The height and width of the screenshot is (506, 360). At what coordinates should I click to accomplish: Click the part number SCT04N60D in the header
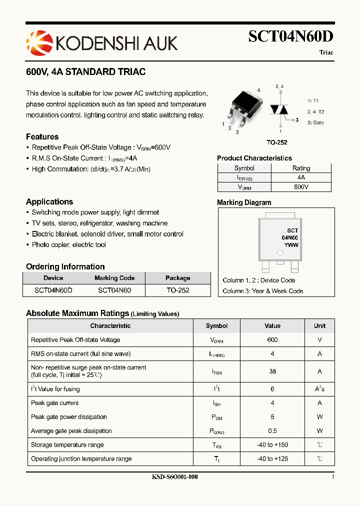[x=290, y=36]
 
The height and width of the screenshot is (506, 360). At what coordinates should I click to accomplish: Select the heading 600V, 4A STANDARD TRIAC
[x=85, y=72]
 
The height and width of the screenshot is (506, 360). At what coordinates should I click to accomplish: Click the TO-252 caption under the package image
[x=277, y=142]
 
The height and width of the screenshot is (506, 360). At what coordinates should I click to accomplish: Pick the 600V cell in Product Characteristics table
[x=301, y=186]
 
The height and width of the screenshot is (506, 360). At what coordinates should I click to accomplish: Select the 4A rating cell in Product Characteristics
[x=301, y=177]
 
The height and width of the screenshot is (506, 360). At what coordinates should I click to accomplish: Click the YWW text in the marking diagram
[x=291, y=245]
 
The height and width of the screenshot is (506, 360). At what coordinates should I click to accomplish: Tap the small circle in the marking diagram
[x=280, y=253]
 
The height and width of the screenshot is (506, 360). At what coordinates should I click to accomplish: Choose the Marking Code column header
[x=114, y=278]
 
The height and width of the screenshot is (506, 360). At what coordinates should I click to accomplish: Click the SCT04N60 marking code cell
[x=114, y=290]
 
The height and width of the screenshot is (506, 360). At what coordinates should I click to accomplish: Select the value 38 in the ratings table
[x=272, y=371]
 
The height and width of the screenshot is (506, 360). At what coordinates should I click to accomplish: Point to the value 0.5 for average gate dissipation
[x=272, y=430]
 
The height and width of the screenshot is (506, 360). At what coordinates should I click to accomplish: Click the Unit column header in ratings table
[x=319, y=325]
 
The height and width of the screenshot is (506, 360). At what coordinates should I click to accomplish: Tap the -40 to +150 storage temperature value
[x=272, y=444]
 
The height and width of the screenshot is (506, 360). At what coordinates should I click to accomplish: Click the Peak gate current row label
[x=55, y=403]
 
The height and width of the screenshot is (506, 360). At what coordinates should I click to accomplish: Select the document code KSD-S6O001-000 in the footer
[x=174, y=477]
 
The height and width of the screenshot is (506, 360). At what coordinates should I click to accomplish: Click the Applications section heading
[x=49, y=201]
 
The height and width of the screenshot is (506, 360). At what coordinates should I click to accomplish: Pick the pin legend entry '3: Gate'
[x=315, y=122]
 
